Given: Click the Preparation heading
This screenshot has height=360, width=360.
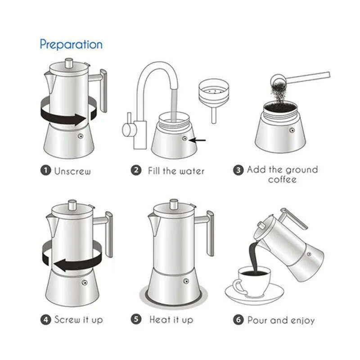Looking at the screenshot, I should click(71, 44).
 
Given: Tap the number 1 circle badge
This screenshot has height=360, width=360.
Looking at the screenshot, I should click(46, 171).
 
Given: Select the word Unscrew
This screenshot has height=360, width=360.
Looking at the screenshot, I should click(72, 171).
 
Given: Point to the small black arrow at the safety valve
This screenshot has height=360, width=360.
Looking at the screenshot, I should click(198, 140).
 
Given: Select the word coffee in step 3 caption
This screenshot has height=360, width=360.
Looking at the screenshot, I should click(282, 180).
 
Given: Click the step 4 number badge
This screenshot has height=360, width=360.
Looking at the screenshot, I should click(46, 320).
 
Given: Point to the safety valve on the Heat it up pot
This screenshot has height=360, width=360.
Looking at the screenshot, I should click(185, 282).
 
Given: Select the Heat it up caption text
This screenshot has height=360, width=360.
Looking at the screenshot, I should click(171, 320).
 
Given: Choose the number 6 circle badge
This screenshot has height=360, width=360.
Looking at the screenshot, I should click(239, 320).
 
